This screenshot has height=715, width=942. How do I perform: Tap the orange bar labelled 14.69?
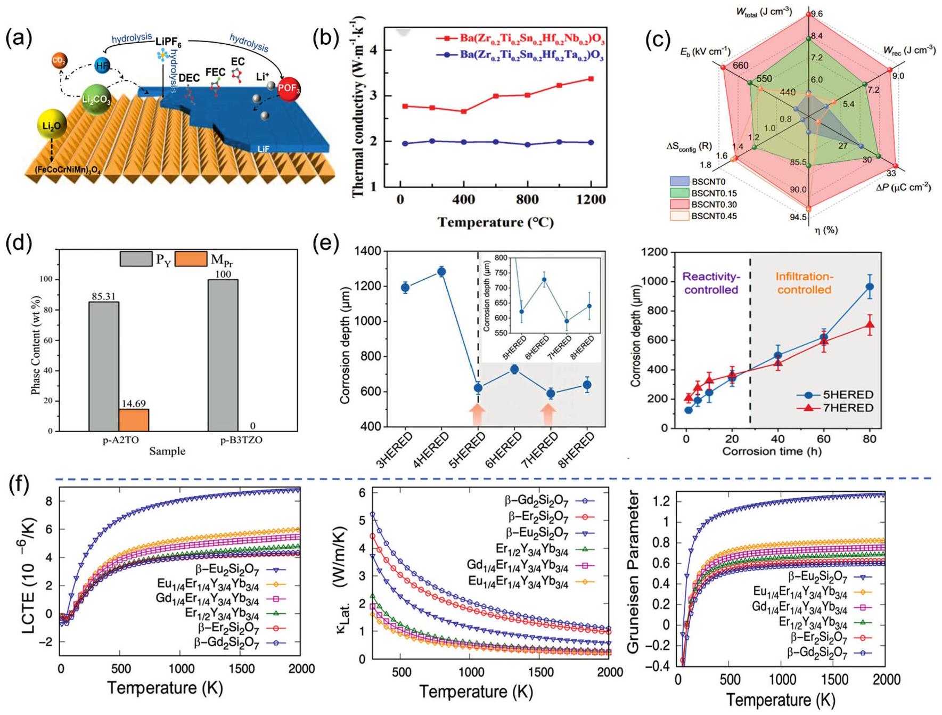(x=134, y=420)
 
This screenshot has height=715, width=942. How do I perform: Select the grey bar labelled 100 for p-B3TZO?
(x=223, y=355)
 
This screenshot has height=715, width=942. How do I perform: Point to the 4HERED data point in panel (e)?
(x=441, y=272)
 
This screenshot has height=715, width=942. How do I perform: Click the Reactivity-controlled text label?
(x=711, y=283)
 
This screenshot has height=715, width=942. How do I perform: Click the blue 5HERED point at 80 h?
(x=870, y=287)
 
